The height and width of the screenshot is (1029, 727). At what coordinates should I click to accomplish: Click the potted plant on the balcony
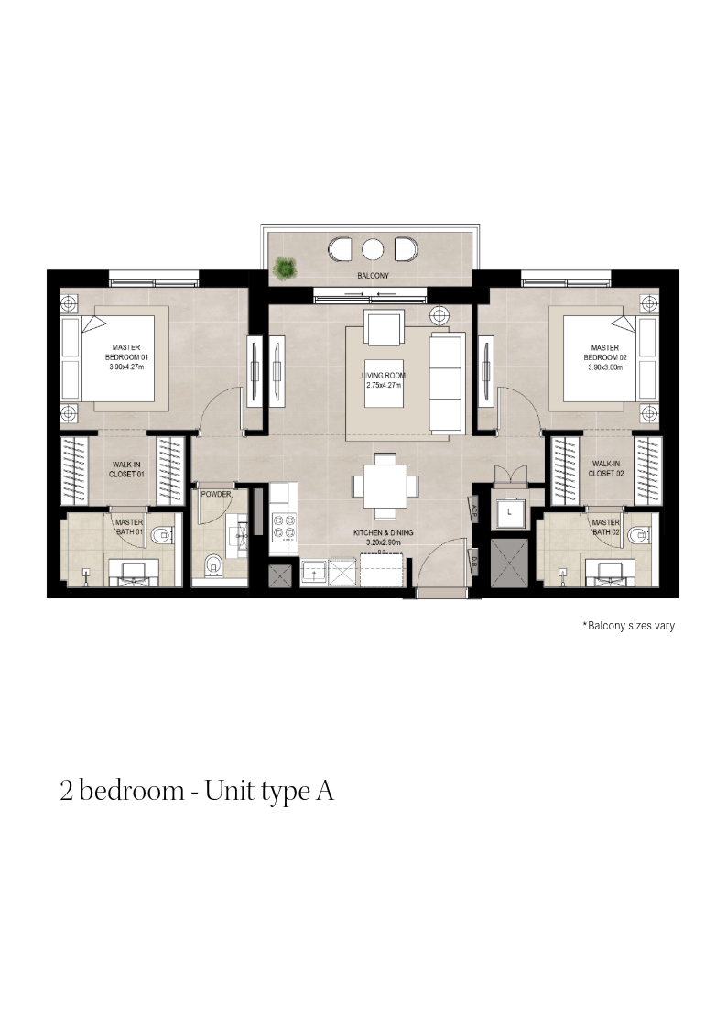[x=285, y=268]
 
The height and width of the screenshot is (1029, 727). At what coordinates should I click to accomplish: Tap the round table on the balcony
[x=373, y=249]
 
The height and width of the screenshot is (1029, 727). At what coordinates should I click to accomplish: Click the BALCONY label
[x=373, y=276]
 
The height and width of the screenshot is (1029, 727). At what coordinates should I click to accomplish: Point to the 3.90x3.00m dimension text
[x=605, y=367]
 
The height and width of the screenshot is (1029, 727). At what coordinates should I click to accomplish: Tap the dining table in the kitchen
[x=385, y=487]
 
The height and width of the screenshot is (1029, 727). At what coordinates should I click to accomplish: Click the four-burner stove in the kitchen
[x=283, y=526]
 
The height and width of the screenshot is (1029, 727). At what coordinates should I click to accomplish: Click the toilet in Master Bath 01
[x=161, y=536]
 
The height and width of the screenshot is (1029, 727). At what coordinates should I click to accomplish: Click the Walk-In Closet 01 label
[x=126, y=469]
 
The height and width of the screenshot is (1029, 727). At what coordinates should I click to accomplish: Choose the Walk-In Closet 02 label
[x=606, y=468]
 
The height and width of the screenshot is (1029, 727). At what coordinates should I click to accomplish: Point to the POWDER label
[x=216, y=494]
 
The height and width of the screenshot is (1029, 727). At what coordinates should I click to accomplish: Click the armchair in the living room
[x=384, y=328]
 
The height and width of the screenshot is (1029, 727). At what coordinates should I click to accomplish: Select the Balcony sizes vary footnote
[x=629, y=626]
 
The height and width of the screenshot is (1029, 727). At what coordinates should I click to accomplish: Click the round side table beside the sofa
[x=439, y=315]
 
